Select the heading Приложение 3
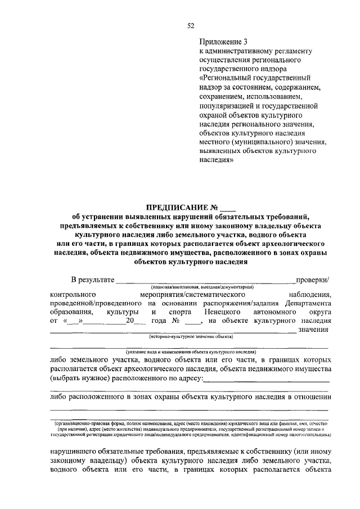pos(223,41)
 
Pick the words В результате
pos(92,279)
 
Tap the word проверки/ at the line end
pos(313,279)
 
